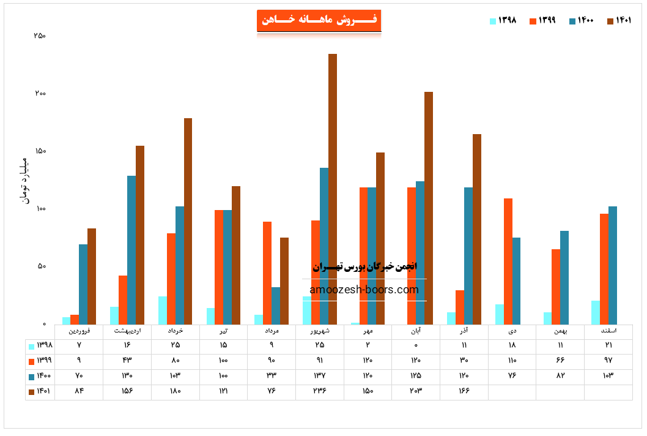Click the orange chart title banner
tap(319, 20)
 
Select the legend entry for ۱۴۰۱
tap(619, 21)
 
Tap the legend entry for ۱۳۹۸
tap(503, 21)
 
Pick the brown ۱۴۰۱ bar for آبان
tap(429, 208)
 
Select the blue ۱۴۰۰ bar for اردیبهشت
tap(131, 250)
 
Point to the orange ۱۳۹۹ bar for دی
tap(508, 261)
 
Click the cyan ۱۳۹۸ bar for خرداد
tap(163, 310)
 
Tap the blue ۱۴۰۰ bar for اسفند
tap(613, 265)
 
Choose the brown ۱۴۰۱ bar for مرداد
tap(284, 280)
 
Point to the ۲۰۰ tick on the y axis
tap(40, 94)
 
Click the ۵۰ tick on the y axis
tap(42, 266)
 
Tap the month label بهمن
tap(560, 331)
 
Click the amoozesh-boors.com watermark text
tap(364, 290)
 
